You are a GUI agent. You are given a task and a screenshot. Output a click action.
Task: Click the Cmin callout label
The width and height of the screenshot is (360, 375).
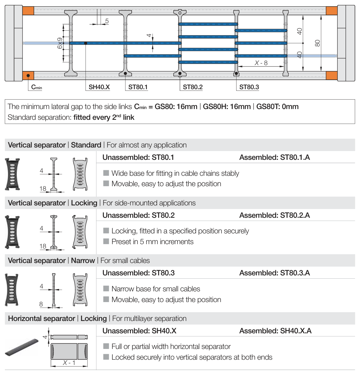tap(36, 87)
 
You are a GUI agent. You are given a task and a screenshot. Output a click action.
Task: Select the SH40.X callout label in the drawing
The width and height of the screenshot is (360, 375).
tap(99, 87)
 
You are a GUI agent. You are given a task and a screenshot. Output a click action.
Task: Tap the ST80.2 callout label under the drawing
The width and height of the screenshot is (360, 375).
tap(193, 87)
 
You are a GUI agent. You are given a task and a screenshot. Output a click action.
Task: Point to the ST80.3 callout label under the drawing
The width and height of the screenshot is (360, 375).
tap(249, 87)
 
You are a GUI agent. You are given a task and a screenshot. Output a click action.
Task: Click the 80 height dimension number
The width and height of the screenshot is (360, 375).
tap(318, 43)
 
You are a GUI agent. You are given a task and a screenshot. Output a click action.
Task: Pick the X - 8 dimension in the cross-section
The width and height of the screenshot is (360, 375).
tap(261, 63)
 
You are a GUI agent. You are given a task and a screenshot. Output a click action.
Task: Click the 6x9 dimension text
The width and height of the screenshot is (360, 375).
tap(60, 43)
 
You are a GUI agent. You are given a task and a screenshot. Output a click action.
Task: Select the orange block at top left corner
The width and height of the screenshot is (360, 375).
tap(28, 10)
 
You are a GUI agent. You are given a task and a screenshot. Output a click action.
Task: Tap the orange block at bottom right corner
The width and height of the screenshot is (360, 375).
tap(331, 76)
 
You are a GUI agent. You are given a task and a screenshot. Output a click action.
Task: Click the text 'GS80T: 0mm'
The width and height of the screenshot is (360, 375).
tap(277, 106)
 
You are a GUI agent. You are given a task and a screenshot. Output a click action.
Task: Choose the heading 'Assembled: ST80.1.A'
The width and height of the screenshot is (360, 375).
tap(274, 157)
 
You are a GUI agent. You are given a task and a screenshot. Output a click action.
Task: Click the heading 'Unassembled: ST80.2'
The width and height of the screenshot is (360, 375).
tap(138, 215)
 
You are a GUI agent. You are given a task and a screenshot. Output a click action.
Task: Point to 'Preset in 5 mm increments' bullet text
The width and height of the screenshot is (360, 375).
tap(152, 242)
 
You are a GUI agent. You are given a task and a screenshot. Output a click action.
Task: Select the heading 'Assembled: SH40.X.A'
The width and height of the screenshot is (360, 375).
tap(275, 331)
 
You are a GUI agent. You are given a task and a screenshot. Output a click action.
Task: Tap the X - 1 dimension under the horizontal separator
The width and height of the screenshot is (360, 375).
tap(69, 363)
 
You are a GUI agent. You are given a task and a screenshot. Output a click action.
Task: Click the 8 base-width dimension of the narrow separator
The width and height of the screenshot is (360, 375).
tap(41, 304)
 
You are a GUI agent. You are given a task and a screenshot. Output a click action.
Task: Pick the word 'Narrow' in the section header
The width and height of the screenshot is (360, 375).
tap(83, 260)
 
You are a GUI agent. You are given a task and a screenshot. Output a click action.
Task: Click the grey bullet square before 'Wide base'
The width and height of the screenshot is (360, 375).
tap(106, 173)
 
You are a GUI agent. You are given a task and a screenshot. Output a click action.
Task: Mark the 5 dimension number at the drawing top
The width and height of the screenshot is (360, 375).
tap(107, 21)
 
